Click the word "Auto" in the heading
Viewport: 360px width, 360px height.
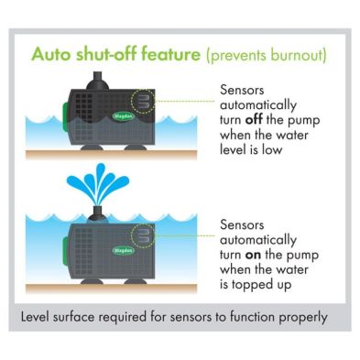pos(51,54)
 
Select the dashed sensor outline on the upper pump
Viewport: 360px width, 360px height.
pos(143,101)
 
